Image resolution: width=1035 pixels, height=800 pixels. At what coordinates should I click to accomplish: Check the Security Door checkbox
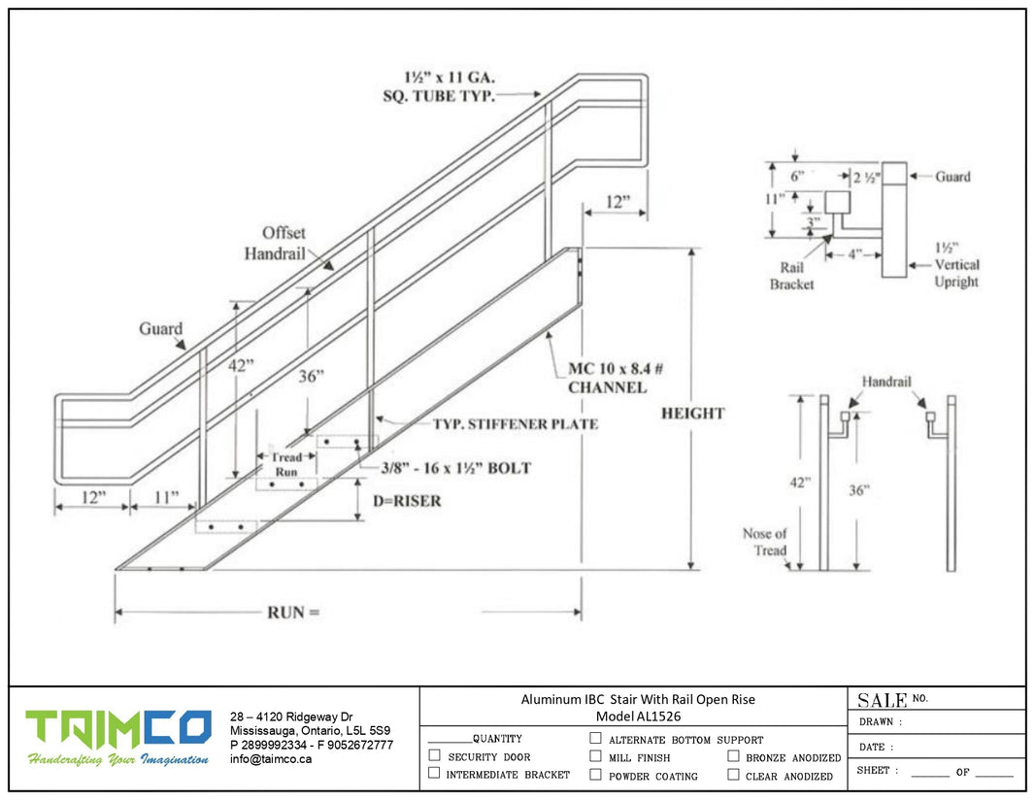(434, 755)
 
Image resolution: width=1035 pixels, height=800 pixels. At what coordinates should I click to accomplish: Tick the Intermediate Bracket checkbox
(434, 774)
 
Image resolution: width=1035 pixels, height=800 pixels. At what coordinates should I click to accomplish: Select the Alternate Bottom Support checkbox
(595, 739)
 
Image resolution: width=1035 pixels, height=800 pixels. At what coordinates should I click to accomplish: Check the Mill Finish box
(595, 756)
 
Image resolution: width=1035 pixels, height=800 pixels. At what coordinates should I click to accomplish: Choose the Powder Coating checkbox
(595, 775)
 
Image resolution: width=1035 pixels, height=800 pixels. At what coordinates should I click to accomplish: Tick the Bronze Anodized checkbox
(733, 756)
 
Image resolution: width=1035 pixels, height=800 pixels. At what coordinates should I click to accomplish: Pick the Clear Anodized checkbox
(733, 775)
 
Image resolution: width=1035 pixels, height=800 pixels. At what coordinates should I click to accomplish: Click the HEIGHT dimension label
(692, 414)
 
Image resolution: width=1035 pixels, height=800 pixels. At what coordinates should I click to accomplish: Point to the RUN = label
(292, 613)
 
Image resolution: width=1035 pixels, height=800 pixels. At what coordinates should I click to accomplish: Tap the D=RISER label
(407, 501)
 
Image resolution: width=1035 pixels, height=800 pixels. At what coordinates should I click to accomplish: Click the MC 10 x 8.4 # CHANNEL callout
(608, 379)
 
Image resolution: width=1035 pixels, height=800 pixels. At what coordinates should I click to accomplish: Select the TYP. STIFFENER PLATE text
(515, 424)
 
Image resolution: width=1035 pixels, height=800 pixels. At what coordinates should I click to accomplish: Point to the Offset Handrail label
(283, 243)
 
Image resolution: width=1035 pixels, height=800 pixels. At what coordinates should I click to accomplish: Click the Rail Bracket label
(791, 276)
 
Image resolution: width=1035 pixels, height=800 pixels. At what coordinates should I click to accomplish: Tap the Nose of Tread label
(765, 542)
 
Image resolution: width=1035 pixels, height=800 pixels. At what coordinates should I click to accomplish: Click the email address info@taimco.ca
(271, 759)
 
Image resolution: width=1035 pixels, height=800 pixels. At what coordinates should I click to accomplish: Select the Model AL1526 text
(638, 717)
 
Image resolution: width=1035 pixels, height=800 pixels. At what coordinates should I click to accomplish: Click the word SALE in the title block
(882, 699)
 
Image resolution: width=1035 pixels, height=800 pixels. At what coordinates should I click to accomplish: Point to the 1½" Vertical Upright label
(956, 264)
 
